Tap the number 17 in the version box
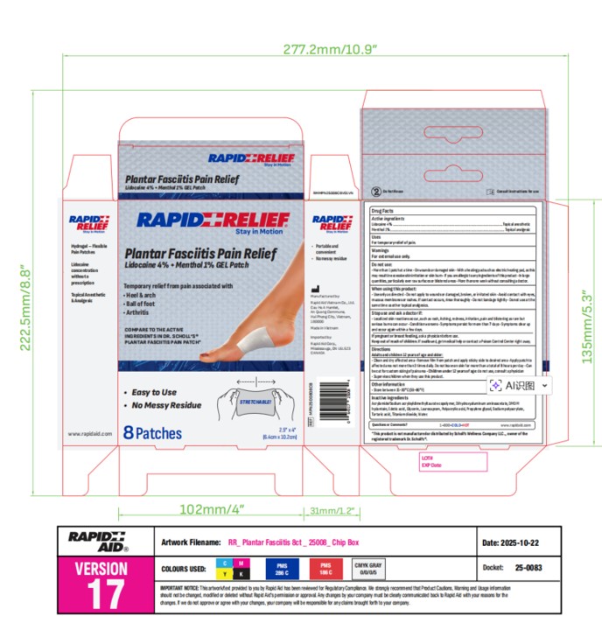tap(105, 592)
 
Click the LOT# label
tap(428, 457)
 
